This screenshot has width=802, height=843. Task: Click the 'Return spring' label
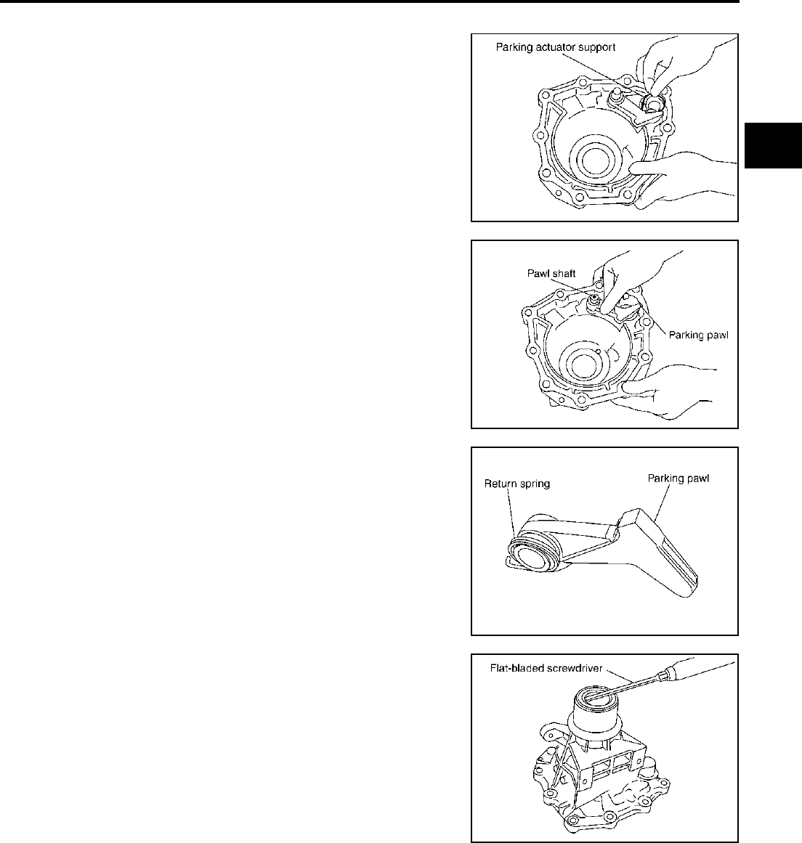517,484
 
